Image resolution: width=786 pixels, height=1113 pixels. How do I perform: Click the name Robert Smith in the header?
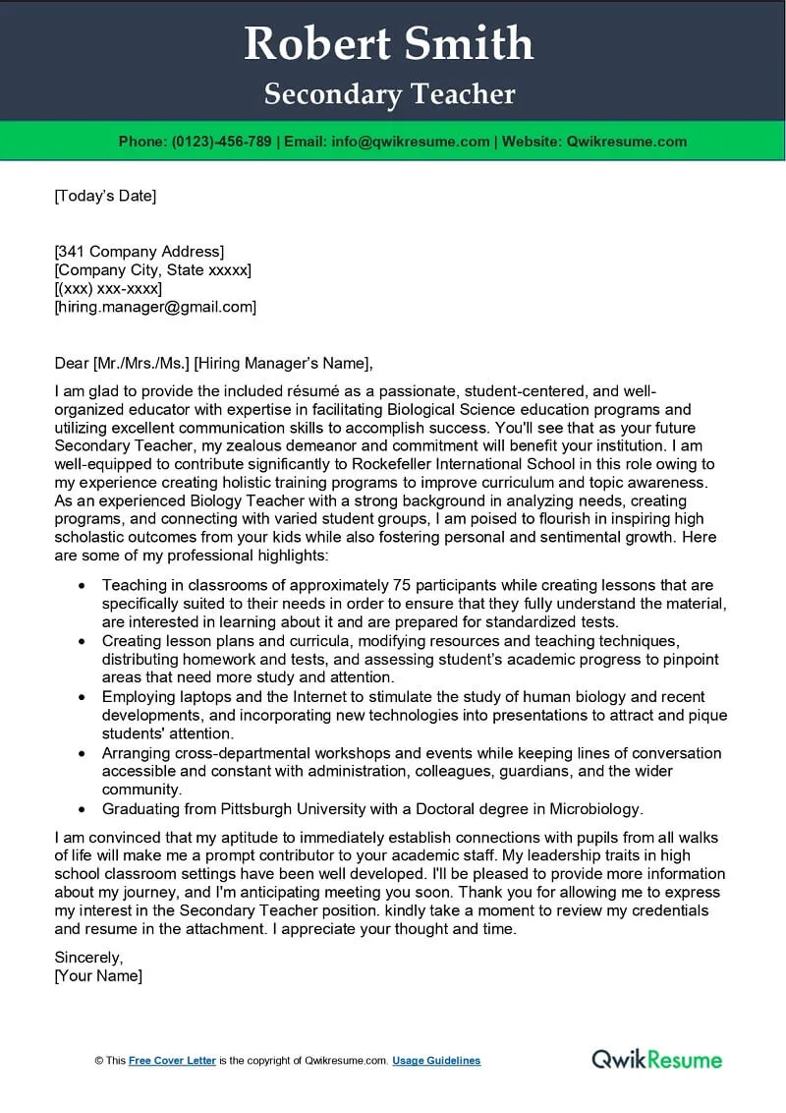388,45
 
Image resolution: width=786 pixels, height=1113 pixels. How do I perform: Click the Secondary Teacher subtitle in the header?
389,94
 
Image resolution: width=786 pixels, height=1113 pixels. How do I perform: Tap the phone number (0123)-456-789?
221,142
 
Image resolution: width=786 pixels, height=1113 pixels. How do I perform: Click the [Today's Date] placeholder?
105,196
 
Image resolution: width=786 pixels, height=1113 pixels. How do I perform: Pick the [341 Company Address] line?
139,251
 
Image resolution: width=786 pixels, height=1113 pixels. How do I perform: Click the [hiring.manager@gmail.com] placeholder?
155,307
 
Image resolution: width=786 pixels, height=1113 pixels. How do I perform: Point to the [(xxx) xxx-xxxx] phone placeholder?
108,288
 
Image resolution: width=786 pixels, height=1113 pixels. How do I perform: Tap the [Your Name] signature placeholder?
98,975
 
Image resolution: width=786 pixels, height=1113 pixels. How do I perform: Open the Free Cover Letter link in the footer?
172,1061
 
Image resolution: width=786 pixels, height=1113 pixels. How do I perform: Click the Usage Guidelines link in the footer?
436,1061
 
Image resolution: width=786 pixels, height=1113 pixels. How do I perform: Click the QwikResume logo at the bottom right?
656,1059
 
